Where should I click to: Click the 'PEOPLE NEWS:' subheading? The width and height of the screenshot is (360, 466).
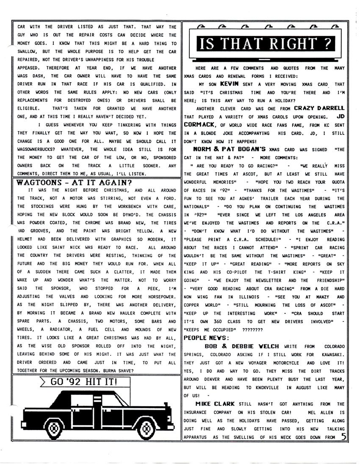tap(206, 338)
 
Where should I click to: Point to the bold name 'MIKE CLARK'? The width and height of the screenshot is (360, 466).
tap(215, 404)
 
